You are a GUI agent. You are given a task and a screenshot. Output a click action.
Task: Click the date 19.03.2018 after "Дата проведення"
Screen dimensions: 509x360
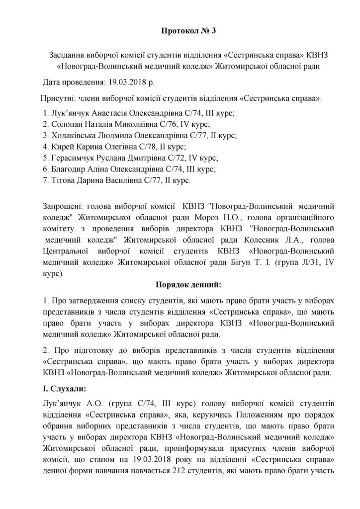116,81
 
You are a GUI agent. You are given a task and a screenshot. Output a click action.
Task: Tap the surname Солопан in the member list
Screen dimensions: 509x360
67,124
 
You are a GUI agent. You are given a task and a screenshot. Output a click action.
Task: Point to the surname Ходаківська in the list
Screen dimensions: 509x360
75,135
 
